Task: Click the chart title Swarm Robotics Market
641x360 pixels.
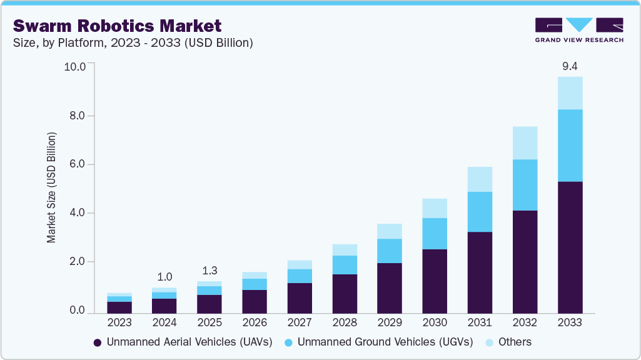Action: [117, 26]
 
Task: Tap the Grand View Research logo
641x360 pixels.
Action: [579, 30]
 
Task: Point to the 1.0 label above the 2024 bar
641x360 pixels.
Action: [164, 277]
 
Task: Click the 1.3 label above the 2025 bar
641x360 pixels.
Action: [209, 271]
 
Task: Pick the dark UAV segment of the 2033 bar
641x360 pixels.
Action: [570, 247]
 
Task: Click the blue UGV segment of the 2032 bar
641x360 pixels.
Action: [525, 185]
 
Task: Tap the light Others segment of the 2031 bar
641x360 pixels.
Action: [480, 179]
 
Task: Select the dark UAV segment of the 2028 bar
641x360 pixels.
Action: [345, 293]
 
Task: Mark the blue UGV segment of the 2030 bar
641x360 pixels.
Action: [435, 234]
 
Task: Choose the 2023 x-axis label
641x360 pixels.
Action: [119, 322]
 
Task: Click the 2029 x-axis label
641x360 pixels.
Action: [390, 322]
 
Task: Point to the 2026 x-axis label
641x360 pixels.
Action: [255, 322]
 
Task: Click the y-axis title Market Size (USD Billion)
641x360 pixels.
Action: [51, 187]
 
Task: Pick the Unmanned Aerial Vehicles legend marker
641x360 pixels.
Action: [98, 342]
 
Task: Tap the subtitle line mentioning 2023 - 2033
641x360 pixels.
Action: [133, 43]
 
